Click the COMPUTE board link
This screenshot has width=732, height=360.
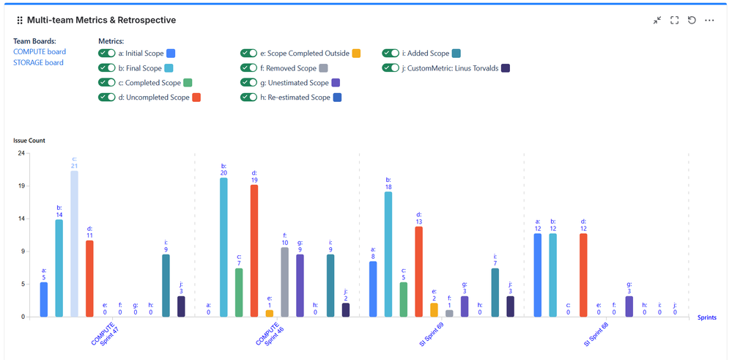[x=40, y=51]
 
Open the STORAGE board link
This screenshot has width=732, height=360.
[x=38, y=62]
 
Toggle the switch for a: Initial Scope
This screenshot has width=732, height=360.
[x=107, y=54]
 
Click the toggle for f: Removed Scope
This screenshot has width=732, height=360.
[x=249, y=68]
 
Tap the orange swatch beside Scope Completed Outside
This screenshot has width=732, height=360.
[x=356, y=54]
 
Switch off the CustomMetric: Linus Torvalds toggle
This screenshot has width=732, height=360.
[x=391, y=68]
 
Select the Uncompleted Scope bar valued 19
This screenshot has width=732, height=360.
[x=254, y=250]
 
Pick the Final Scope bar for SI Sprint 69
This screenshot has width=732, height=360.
[x=388, y=254]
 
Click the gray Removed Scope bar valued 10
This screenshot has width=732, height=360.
[x=284, y=282]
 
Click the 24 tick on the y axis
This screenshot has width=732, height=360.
[x=21, y=153]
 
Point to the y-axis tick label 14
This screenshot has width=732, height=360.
[x=21, y=218]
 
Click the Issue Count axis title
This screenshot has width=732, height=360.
[x=29, y=140]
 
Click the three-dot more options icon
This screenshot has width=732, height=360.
[x=709, y=21]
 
